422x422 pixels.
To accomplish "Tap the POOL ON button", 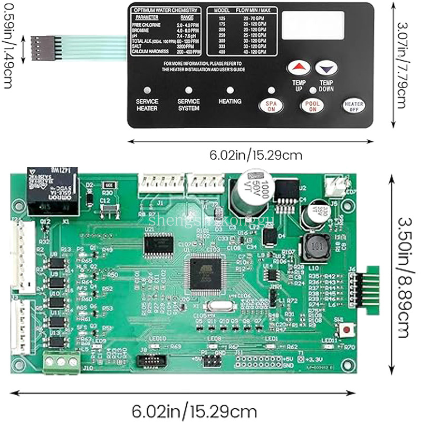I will click(313, 105).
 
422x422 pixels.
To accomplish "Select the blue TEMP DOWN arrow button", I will click(326, 68).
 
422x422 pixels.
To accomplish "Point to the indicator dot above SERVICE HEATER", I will click(147, 90).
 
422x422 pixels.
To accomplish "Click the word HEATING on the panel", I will click(229, 101).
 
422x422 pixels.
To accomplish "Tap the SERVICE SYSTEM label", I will click(188, 104).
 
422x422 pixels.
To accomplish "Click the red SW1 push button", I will click(347, 330).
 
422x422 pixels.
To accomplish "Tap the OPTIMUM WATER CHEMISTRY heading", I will click(166, 10).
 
